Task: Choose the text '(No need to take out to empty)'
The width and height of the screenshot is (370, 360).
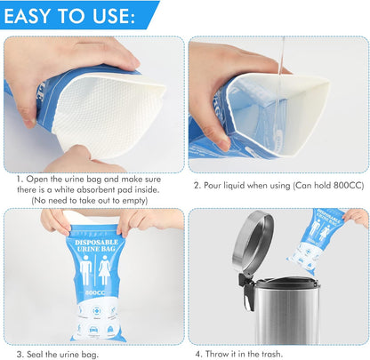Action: [x=94, y=201]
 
